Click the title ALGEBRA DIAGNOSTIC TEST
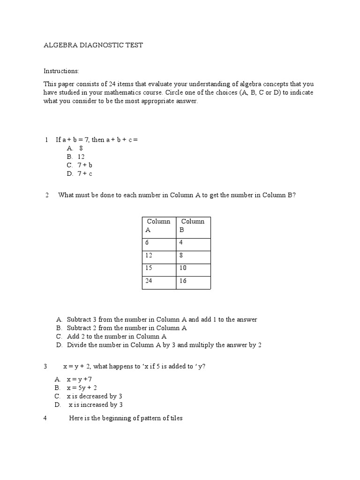tap(93, 45)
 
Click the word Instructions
tap(61, 71)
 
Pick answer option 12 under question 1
tap(81, 157)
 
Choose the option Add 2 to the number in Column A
tap(116, 337)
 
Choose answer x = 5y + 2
tap(82, 388)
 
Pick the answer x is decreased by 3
tap(94, 396)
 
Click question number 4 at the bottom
tap(45, 418)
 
